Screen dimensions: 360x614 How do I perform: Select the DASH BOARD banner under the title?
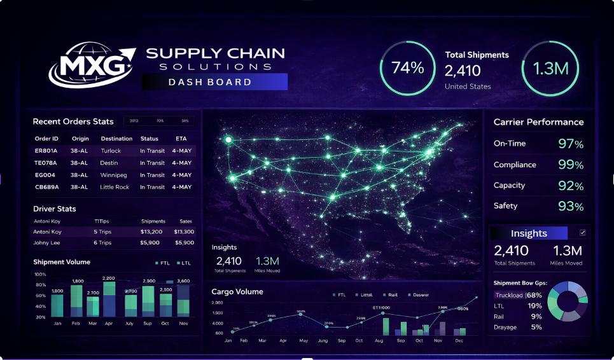pyautogui.click(x=214, y=82)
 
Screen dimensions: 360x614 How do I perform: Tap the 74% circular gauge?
pyautogui.click(x=408, y=68)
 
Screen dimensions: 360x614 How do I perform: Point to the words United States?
pyautogui.click(x=468, y=87)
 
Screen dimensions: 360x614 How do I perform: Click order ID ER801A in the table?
pyautogui.click(x=46, y=151)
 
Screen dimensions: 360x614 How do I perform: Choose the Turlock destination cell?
pyautogui.click(x=111, y=151)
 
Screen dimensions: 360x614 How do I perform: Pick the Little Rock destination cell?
pyautogui.click(x=115, y=188)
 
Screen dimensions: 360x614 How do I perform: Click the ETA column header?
pyautogui.click(x=181, y=139)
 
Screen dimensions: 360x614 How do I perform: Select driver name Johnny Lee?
pyautogui.click(x=47, y=243)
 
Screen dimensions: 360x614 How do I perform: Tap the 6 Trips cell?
pyautogui.click(x=102, y=243)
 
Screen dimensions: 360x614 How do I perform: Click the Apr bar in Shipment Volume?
pyautogui.click(x=109, y=299)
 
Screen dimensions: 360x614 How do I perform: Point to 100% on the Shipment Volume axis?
pyautogui.click(x=39, y=274)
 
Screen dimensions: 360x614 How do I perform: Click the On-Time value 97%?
pyautogui.click(x=570, y=144)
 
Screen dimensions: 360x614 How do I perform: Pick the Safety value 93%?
pyautogui.click(x=570, y=206)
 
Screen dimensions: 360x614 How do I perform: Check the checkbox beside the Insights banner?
pyautogui.click(x=582, y=233)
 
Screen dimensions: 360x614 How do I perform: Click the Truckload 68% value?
pyautogui.click(x=534, y=295)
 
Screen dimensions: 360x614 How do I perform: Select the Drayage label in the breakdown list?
pyautogui.click(x=505, y=327)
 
